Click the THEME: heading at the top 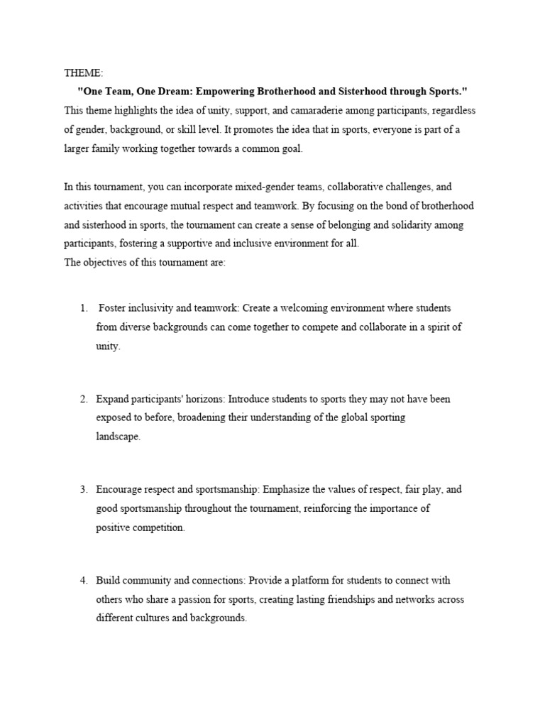(x=83, y=73)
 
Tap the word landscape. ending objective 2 (x=119, y=437)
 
